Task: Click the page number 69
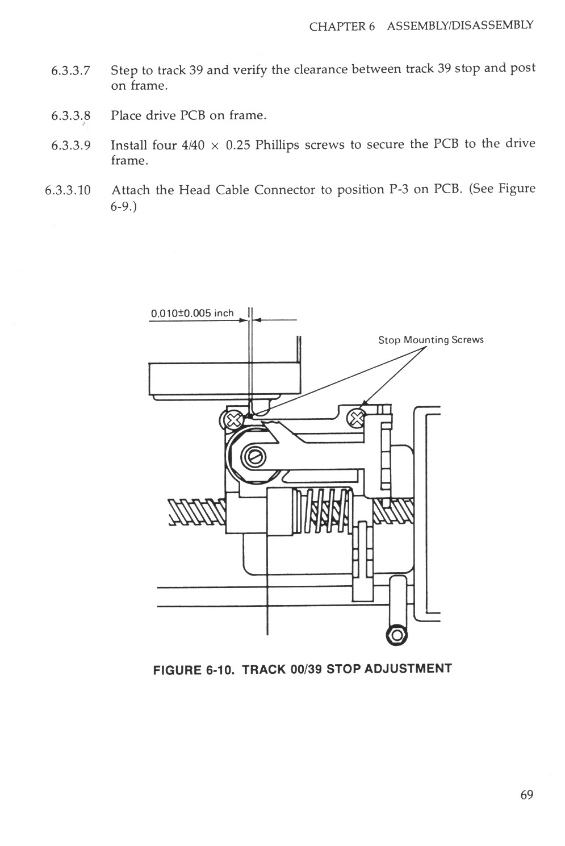point(526,794)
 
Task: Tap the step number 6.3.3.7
point(70,71)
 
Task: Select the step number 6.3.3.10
point(68,190)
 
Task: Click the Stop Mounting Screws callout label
point(430,340)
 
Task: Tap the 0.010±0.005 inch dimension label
point(192,313)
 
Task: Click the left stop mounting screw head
point(231,420)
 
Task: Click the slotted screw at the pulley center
point(254,456)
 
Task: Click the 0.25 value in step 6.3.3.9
point(238,145)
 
